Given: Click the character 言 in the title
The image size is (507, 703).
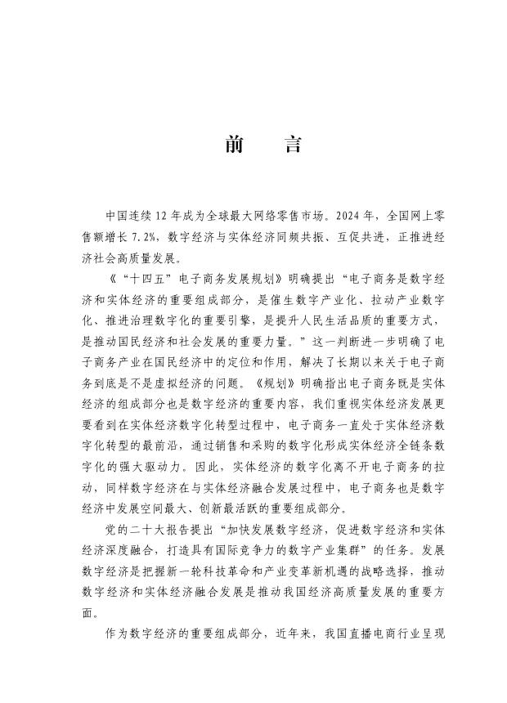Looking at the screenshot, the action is tap(291, 146).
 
